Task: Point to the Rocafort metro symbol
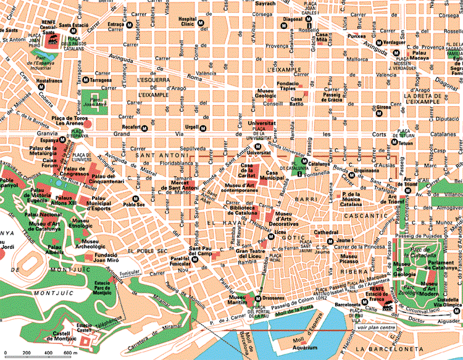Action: point(144,128)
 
